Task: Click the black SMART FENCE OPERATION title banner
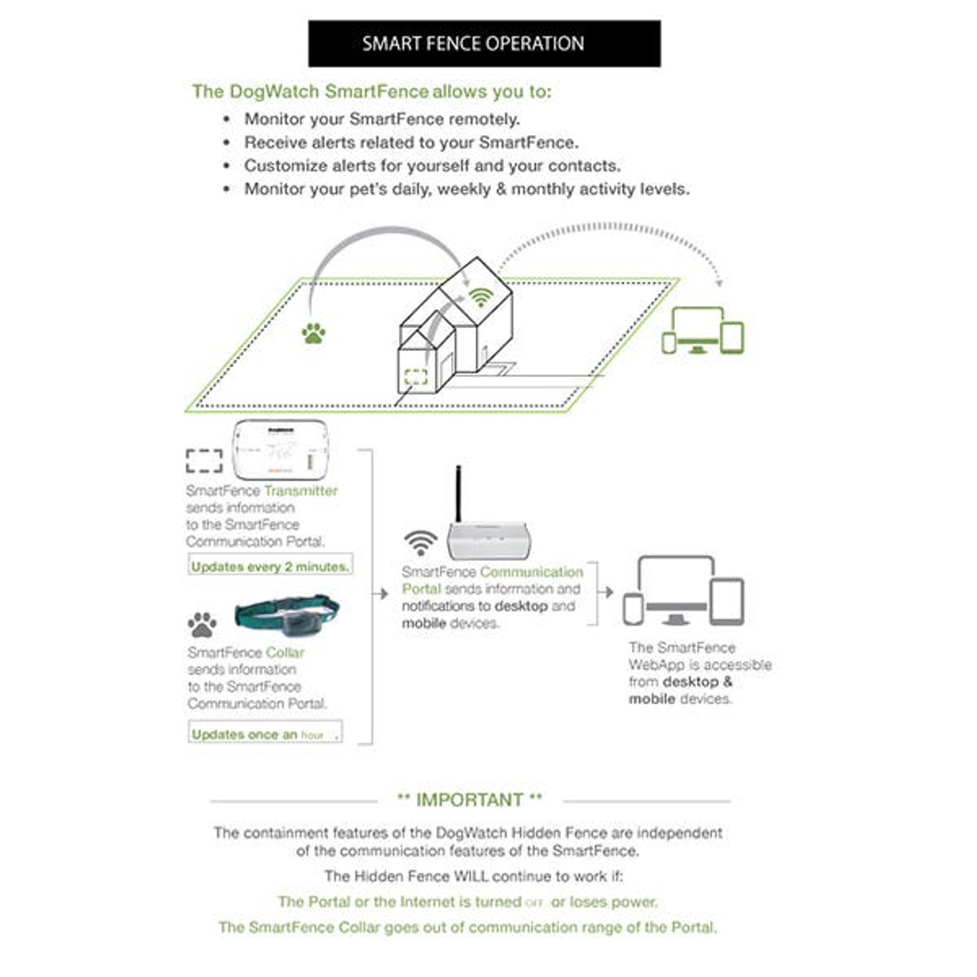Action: click(484, 44)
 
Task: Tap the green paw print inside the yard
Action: click(313, 334)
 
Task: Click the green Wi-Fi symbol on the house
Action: click(480, 297)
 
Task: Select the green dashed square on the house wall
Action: click(416, 376)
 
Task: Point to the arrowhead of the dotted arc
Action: click(717, 282)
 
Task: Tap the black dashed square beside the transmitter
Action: click(205, 460)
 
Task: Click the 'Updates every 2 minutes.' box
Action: click(270, 566)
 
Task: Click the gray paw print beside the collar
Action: click(202, 624)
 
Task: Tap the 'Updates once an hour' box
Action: click(265, 734)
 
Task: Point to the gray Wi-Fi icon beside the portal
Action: click(421, 542)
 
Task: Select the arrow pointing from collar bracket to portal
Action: click(382, 594)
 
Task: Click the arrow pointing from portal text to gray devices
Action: click(606, 592)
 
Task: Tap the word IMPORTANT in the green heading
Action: click(469, 800)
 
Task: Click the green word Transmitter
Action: click(300, 491)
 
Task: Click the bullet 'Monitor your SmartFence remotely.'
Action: click(382, 119)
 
